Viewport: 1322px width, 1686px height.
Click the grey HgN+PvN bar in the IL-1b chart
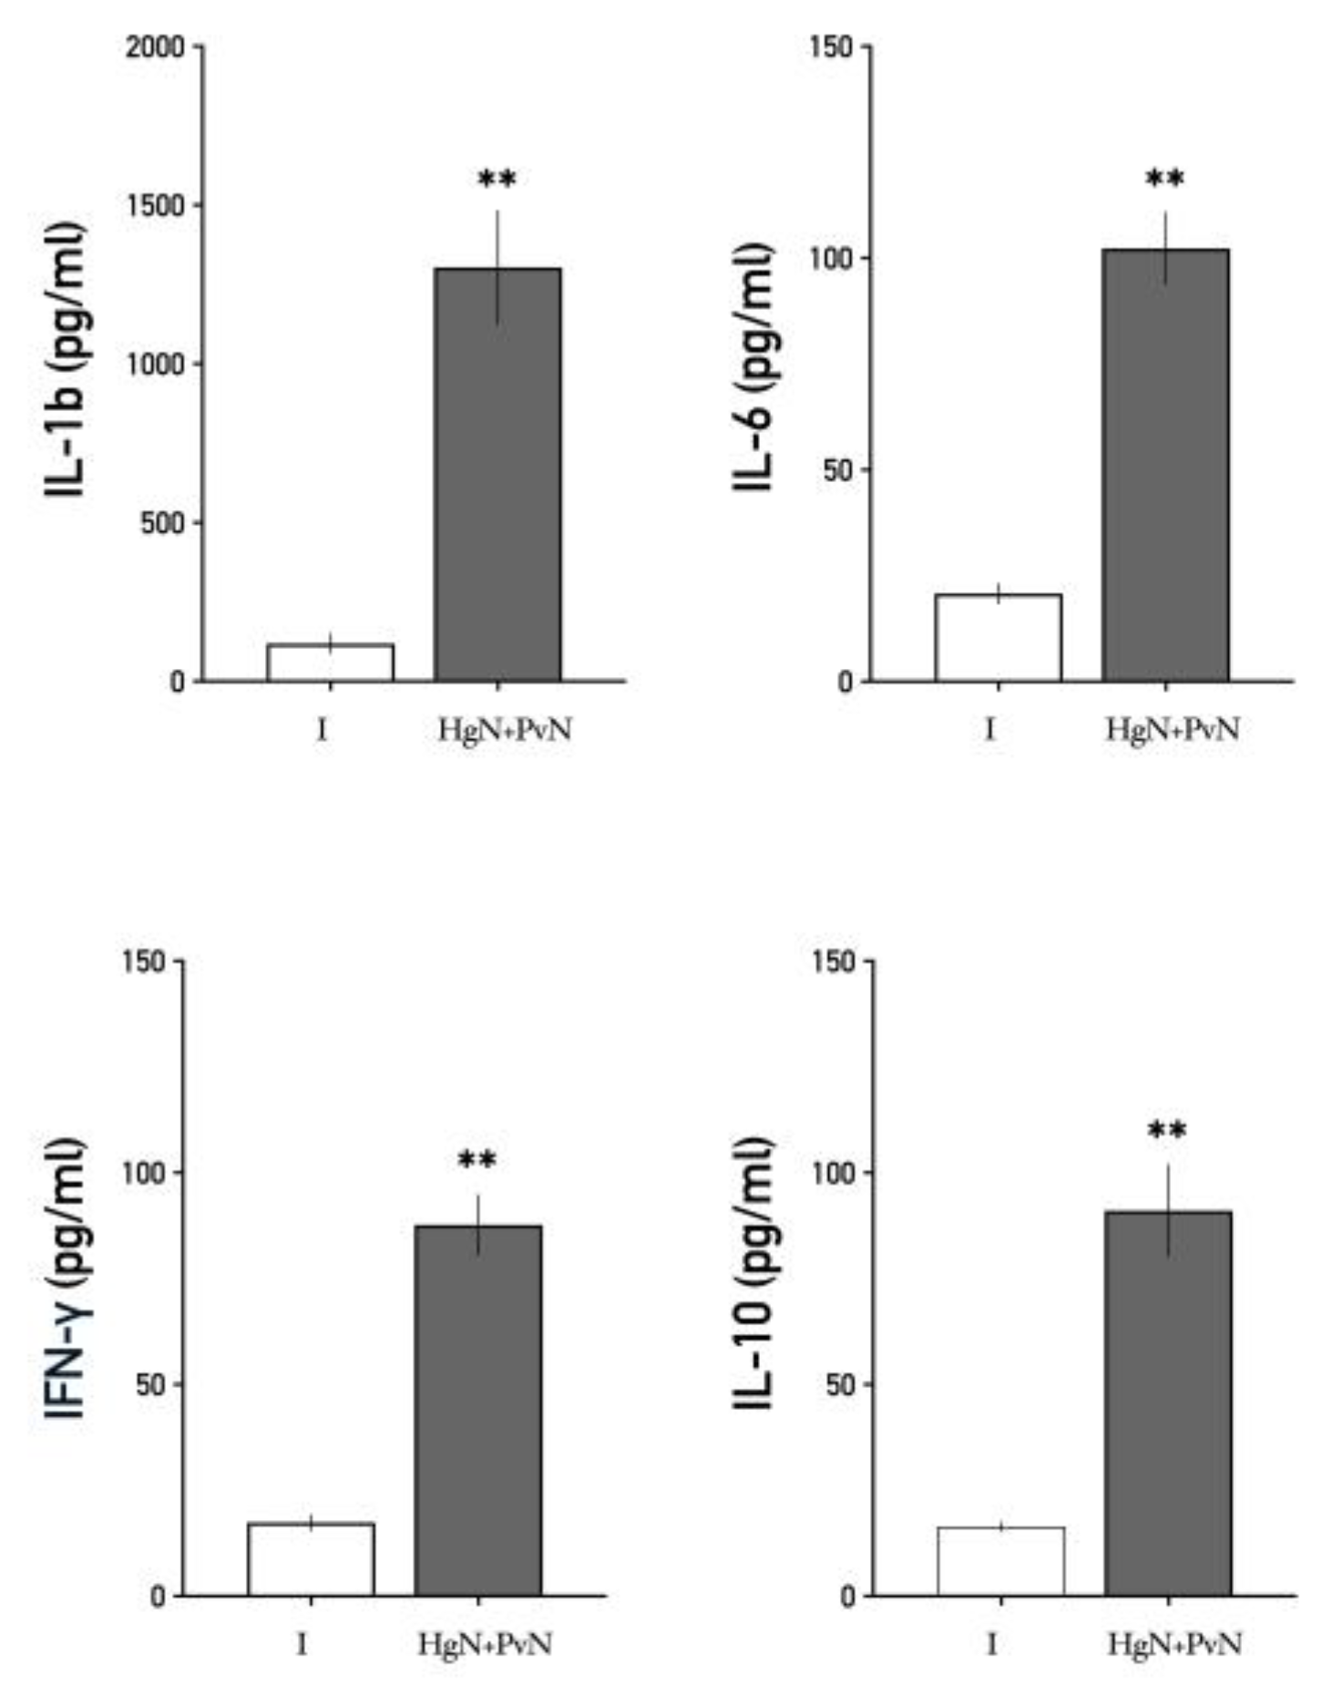497,474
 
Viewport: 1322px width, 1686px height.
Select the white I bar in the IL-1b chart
330,663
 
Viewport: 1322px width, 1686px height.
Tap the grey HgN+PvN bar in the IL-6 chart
1165,465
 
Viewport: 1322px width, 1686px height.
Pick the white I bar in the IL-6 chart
998,637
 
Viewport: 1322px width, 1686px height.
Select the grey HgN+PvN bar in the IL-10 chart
1168,1403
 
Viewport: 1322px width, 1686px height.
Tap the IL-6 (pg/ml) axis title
754,366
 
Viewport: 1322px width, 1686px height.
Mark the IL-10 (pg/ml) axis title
754,1273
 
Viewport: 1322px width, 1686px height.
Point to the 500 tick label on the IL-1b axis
164,523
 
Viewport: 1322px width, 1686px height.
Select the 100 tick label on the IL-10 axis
833,1173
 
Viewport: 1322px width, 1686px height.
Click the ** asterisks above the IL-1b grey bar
497,178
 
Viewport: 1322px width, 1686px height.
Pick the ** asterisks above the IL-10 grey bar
1167,1131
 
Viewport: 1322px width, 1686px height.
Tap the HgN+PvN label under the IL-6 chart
1173,730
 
